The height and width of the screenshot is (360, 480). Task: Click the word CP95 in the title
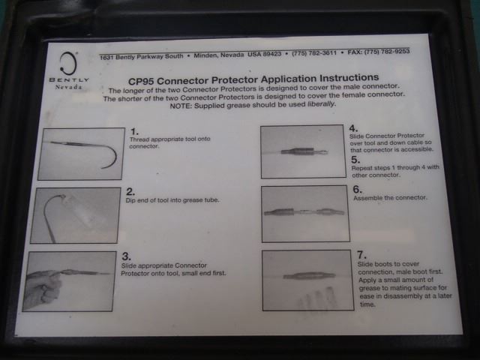141,82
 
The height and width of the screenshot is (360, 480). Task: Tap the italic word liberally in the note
322,104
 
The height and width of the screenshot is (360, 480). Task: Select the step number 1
134,131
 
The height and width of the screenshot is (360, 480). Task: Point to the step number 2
130,192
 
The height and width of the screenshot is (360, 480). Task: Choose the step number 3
127,256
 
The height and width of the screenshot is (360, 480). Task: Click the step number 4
353,128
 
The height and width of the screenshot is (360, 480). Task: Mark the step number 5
355,160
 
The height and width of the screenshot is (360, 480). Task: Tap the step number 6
357,189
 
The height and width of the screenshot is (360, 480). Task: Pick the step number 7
361,255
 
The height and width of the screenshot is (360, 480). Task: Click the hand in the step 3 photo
43,288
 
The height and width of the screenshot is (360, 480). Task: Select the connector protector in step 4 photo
298,151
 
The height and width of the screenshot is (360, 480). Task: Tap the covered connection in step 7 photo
309,276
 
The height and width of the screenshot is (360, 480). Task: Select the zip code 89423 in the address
272,54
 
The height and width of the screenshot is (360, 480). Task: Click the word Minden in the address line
205,55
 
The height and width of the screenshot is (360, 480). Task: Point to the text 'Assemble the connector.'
390,198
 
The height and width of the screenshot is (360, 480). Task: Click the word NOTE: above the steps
181,106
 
